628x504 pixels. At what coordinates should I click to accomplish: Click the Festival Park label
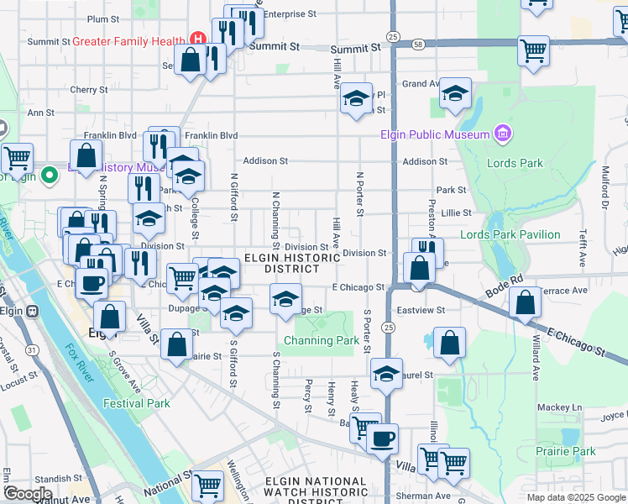(x=137, y=403)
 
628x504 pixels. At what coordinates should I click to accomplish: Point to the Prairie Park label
(x=566, y=451)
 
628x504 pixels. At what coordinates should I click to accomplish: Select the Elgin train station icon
(x=33, y=310)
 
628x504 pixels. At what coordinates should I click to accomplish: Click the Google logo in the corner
(x=28, y=493)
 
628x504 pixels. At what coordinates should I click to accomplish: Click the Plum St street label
(x=103, y=18)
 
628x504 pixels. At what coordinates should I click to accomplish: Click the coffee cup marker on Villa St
(x=383, y=438)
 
